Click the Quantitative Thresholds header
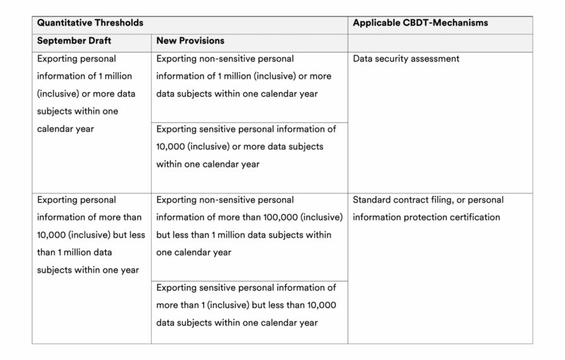click(90, 23)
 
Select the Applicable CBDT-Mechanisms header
click(420, 23)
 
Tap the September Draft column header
click(75, 40)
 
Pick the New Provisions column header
click(190, 40)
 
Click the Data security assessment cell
click(406, 59)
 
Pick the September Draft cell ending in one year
click(89, 235)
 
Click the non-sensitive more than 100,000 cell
click(249, 226)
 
